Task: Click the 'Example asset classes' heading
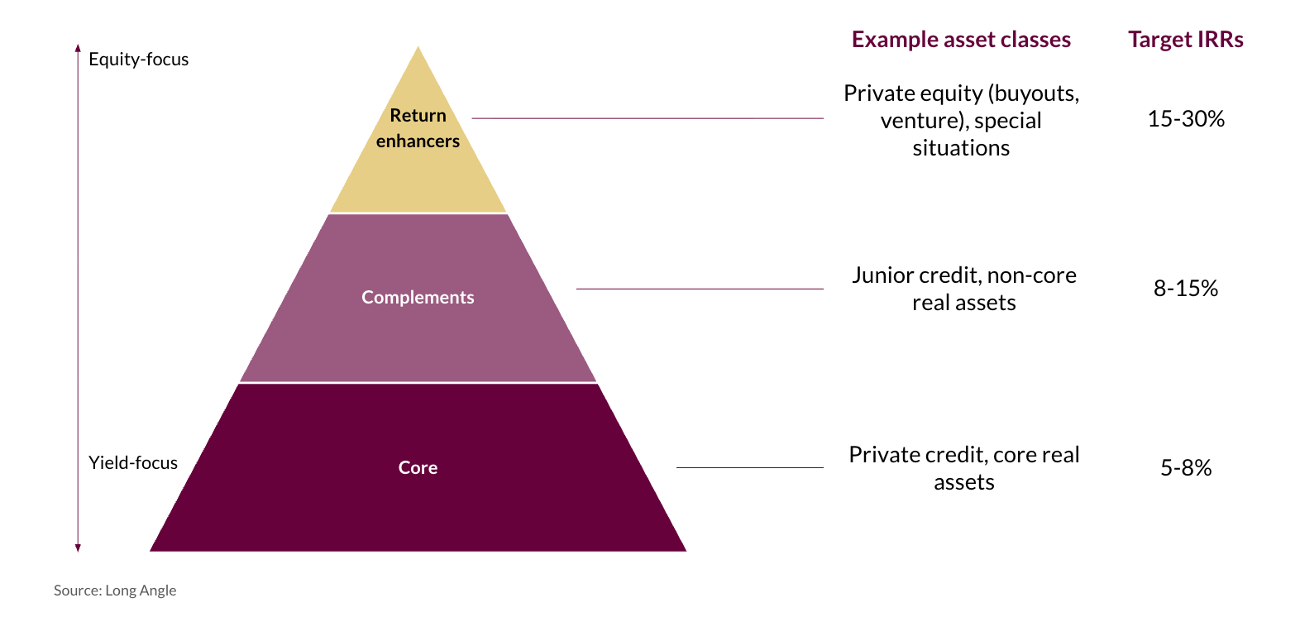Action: click(x=961, y=40)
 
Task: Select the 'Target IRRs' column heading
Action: click(x=1185, y=40)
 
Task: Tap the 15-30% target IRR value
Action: click(x=1185, y=119)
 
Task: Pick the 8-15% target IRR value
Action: click(x=1185, y=289)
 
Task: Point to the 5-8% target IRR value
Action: click(x=1185, y=468)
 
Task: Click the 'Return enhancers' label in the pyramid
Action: click(x=418, y=128)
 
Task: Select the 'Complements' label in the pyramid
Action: click(x=418, y=298)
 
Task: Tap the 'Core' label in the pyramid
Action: click(x=418, y=468)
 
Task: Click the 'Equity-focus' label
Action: click(x=138, y=60)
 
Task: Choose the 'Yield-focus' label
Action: click(x=132, y=463)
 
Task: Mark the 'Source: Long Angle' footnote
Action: click(x=115, y=591)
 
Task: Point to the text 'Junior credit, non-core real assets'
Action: click(x=964, y=289)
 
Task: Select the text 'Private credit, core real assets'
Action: click(x=964, y=468)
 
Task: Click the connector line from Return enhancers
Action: click(x=647, y=118)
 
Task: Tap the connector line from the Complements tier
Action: click(x=700, y=289)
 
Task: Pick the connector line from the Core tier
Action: click(x=749, y=467)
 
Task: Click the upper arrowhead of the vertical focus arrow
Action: click(x=78, y=48)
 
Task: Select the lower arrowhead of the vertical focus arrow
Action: click(x=78, y=548)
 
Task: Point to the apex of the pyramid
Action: click(x=418, y=48)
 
